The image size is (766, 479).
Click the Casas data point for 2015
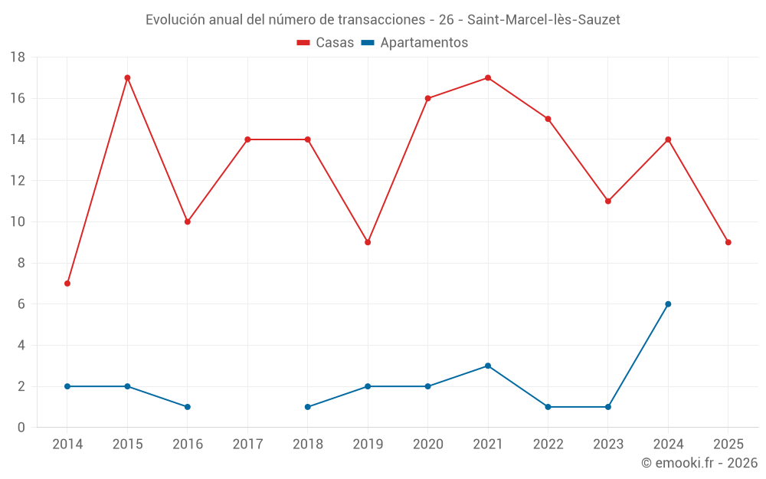click(x=127, y=77)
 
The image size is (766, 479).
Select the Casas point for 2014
click(x=67, y=284)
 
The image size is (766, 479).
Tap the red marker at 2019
click(x=368, y=242)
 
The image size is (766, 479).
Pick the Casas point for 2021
click(x=488, y=77)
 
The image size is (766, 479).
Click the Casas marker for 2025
click(x=728, y=242)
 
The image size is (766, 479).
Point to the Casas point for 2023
click(x=608, y=201)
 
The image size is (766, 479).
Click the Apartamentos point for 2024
click(x=668, y=304)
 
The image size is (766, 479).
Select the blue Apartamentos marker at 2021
click(x=488, y=366)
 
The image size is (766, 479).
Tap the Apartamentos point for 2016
click(x=188, y=407)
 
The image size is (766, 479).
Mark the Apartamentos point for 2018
click(x=308, y=407)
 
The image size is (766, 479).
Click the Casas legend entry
click(x=326, y=43)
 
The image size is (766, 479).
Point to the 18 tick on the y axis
click(x=18, y=57)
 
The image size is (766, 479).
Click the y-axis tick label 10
click(x=18, y=222)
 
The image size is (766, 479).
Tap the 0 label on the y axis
click(x=21, y=428)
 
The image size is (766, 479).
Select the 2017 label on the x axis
click(x=247, y=445)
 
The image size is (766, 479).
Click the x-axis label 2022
click(x=548, y=445)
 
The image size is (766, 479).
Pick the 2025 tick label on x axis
click(x=728, y=445)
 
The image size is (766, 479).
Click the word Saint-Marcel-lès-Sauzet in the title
click(x=543, y=19)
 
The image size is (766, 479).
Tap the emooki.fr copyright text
click(x=699, y=463)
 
